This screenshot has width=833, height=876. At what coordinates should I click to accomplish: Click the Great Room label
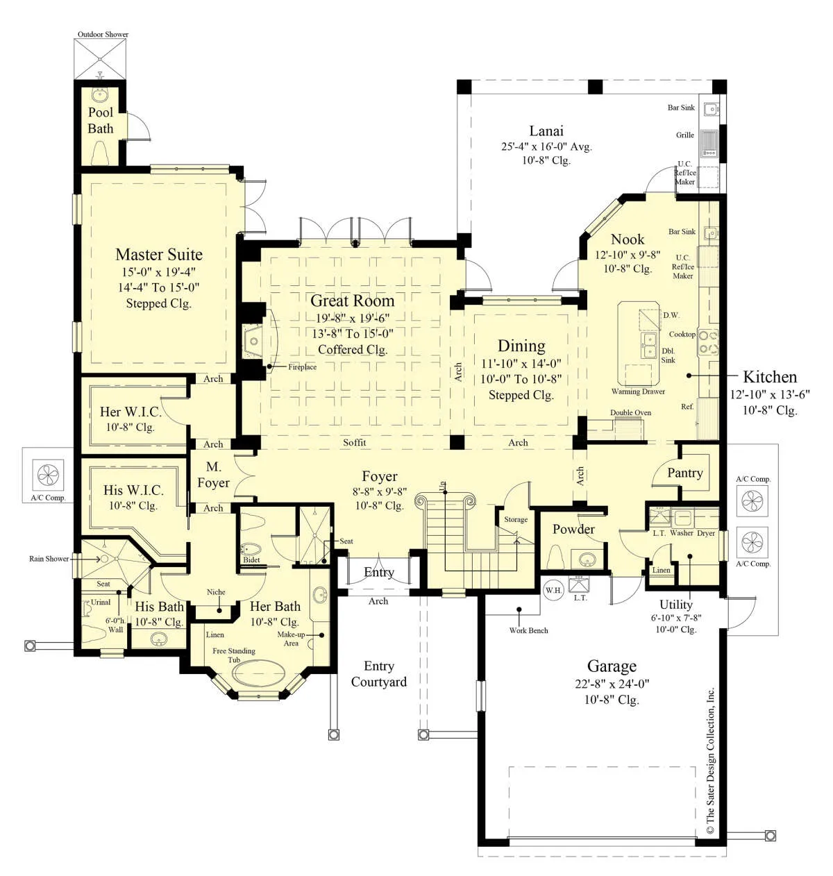352,301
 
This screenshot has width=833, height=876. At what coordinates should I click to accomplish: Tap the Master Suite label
159,255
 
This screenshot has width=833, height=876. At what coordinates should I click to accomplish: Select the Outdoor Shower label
103,34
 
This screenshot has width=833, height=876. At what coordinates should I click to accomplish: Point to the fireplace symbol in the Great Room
253,342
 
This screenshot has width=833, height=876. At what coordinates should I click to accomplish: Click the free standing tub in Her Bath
258,673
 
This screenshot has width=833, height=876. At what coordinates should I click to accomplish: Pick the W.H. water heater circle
553,591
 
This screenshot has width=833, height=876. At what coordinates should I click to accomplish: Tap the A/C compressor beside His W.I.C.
48,475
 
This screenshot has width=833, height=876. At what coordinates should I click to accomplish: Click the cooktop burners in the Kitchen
708,342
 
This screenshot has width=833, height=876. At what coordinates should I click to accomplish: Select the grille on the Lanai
708,144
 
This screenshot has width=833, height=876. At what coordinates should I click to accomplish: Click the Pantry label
685,473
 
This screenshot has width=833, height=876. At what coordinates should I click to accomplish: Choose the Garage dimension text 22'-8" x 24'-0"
612,684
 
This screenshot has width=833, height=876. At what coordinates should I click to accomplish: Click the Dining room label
521,346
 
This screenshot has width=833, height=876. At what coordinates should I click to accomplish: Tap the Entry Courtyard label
379,674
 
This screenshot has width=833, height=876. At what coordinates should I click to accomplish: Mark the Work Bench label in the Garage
528,630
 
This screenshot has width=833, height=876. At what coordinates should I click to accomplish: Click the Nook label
628,239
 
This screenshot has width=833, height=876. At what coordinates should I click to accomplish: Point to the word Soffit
354,442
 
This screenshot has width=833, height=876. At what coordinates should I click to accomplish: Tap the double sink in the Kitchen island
649,344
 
